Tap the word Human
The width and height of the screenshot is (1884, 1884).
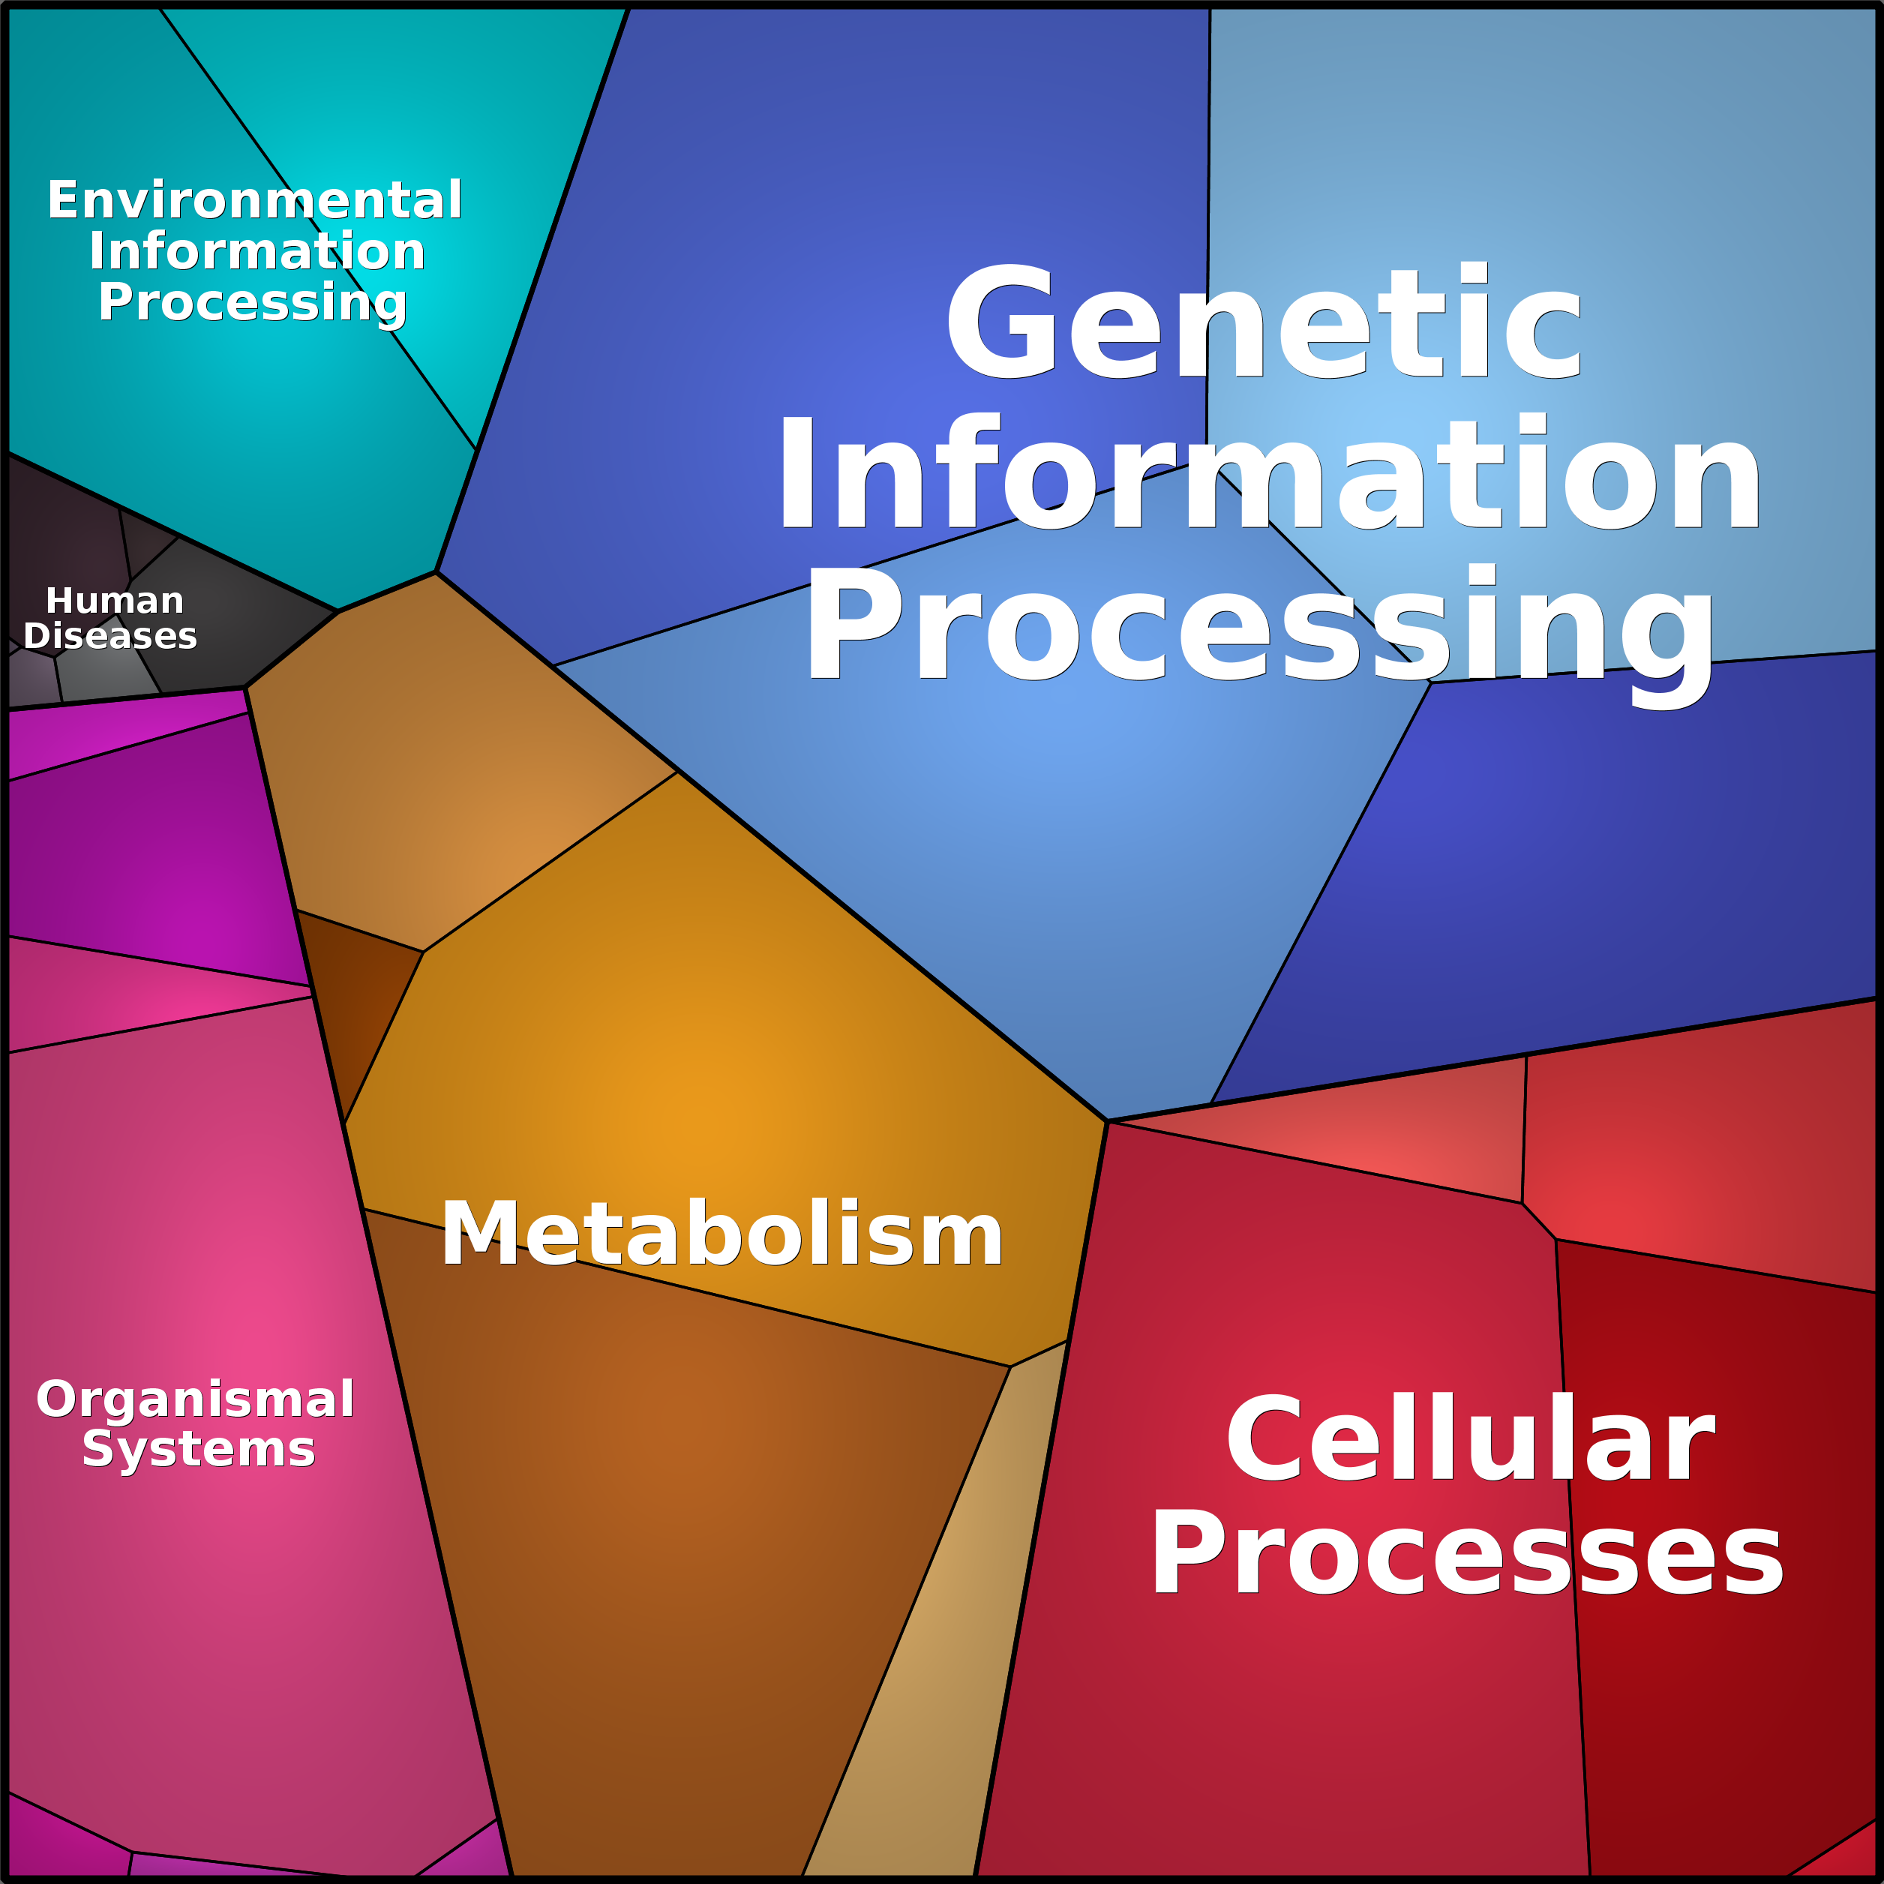(x=115, y=601)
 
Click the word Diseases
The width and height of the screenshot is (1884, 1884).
(x=110, y=636)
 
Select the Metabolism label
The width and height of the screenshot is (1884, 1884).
(x=721, y=1235)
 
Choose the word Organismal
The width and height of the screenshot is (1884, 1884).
(x=195, y=1399)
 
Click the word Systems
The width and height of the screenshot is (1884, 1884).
(x=199, y=1449)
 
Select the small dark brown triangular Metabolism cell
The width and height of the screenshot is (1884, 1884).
(x=356, y=1004)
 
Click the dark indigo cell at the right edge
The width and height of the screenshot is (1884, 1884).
(x=1609, y=877)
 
